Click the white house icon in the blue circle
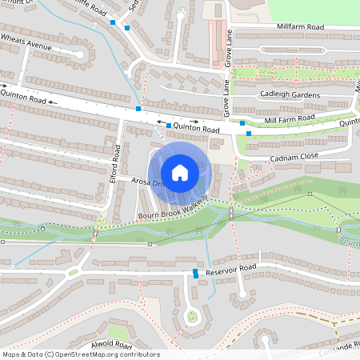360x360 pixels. pos(180,173)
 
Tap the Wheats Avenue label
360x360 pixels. pos(26,42)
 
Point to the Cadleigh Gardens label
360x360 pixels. pos(290,94)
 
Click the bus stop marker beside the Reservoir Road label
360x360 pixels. pos(196,274)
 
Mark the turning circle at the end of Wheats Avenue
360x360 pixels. pos(78,55)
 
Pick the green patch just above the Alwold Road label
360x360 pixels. pos(118,330)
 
